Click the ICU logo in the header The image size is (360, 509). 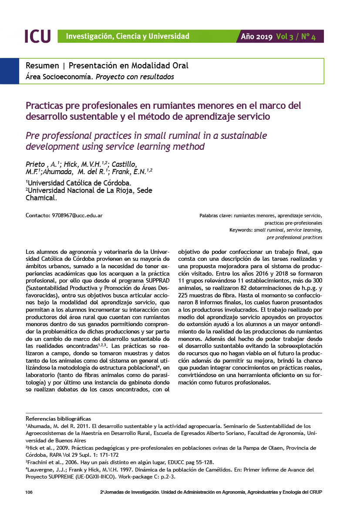coord(37,36)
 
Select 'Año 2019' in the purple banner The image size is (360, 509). coord(257,37)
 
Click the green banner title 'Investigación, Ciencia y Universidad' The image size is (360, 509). coord(128,36)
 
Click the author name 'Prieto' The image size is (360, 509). coord(35,165)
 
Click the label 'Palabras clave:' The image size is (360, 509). coord(215,216)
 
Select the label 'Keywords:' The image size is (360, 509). coord(241,230)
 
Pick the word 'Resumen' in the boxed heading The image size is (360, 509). coord(43,66)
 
